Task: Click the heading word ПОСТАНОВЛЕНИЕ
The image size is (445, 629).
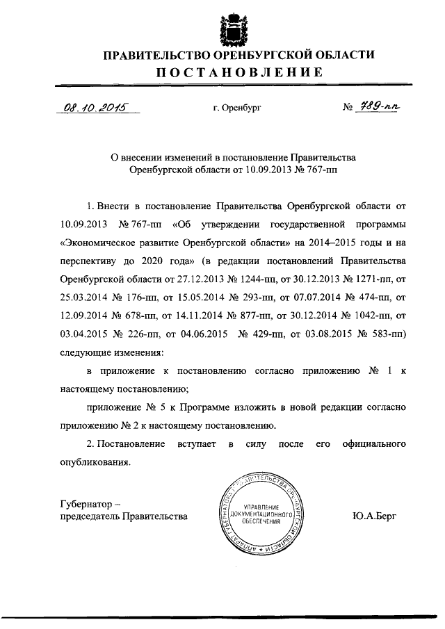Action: pos(238,72)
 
